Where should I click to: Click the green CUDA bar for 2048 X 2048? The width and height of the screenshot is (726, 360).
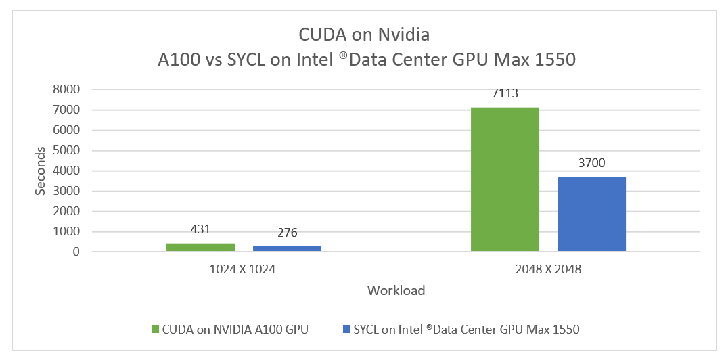[505, 179]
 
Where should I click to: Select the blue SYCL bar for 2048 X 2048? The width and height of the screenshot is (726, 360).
[591, 214]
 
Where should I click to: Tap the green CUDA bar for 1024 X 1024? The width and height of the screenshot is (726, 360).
[200, 247]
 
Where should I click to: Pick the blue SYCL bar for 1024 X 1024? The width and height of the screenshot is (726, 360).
[287, 248]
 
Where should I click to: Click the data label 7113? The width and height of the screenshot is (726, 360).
[505, 94]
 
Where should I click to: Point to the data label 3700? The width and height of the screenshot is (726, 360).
[591, 164]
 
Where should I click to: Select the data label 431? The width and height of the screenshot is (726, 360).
[200, 230]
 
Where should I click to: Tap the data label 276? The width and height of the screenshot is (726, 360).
[287, 233]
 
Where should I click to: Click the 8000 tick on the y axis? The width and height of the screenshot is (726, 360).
[67, 89]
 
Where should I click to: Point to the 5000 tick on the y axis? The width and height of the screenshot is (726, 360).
[67, 150]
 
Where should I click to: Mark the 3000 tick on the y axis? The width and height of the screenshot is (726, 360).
[67, 191]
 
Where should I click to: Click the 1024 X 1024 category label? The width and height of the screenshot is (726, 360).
[243, 269]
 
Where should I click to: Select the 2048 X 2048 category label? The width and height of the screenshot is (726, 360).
[548, 269]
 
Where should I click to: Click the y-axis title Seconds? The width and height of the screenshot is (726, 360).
[41, 171]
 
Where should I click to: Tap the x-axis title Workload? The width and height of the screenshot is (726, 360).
[396, 291]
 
